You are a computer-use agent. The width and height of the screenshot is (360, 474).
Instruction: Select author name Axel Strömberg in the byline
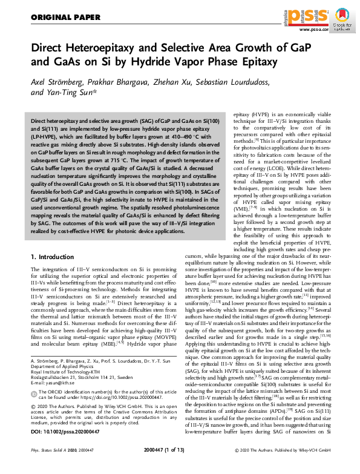pos(57,83)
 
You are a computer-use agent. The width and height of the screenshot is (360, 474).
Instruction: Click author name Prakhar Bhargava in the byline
pos(123,83)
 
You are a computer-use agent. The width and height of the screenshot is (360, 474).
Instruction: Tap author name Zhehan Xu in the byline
pos(180,83)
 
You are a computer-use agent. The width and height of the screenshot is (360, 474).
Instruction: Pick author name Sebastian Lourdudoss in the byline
pos(249,83)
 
